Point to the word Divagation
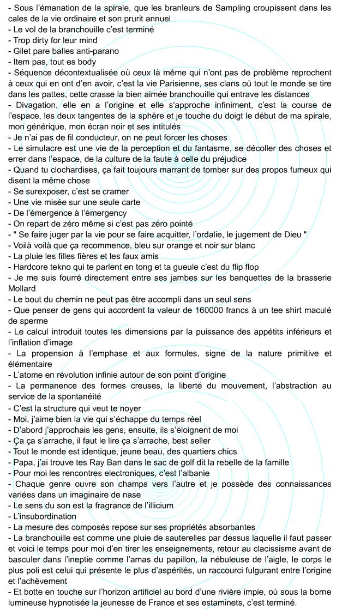[x=37, y=105]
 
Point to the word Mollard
[x=22, y=289]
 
